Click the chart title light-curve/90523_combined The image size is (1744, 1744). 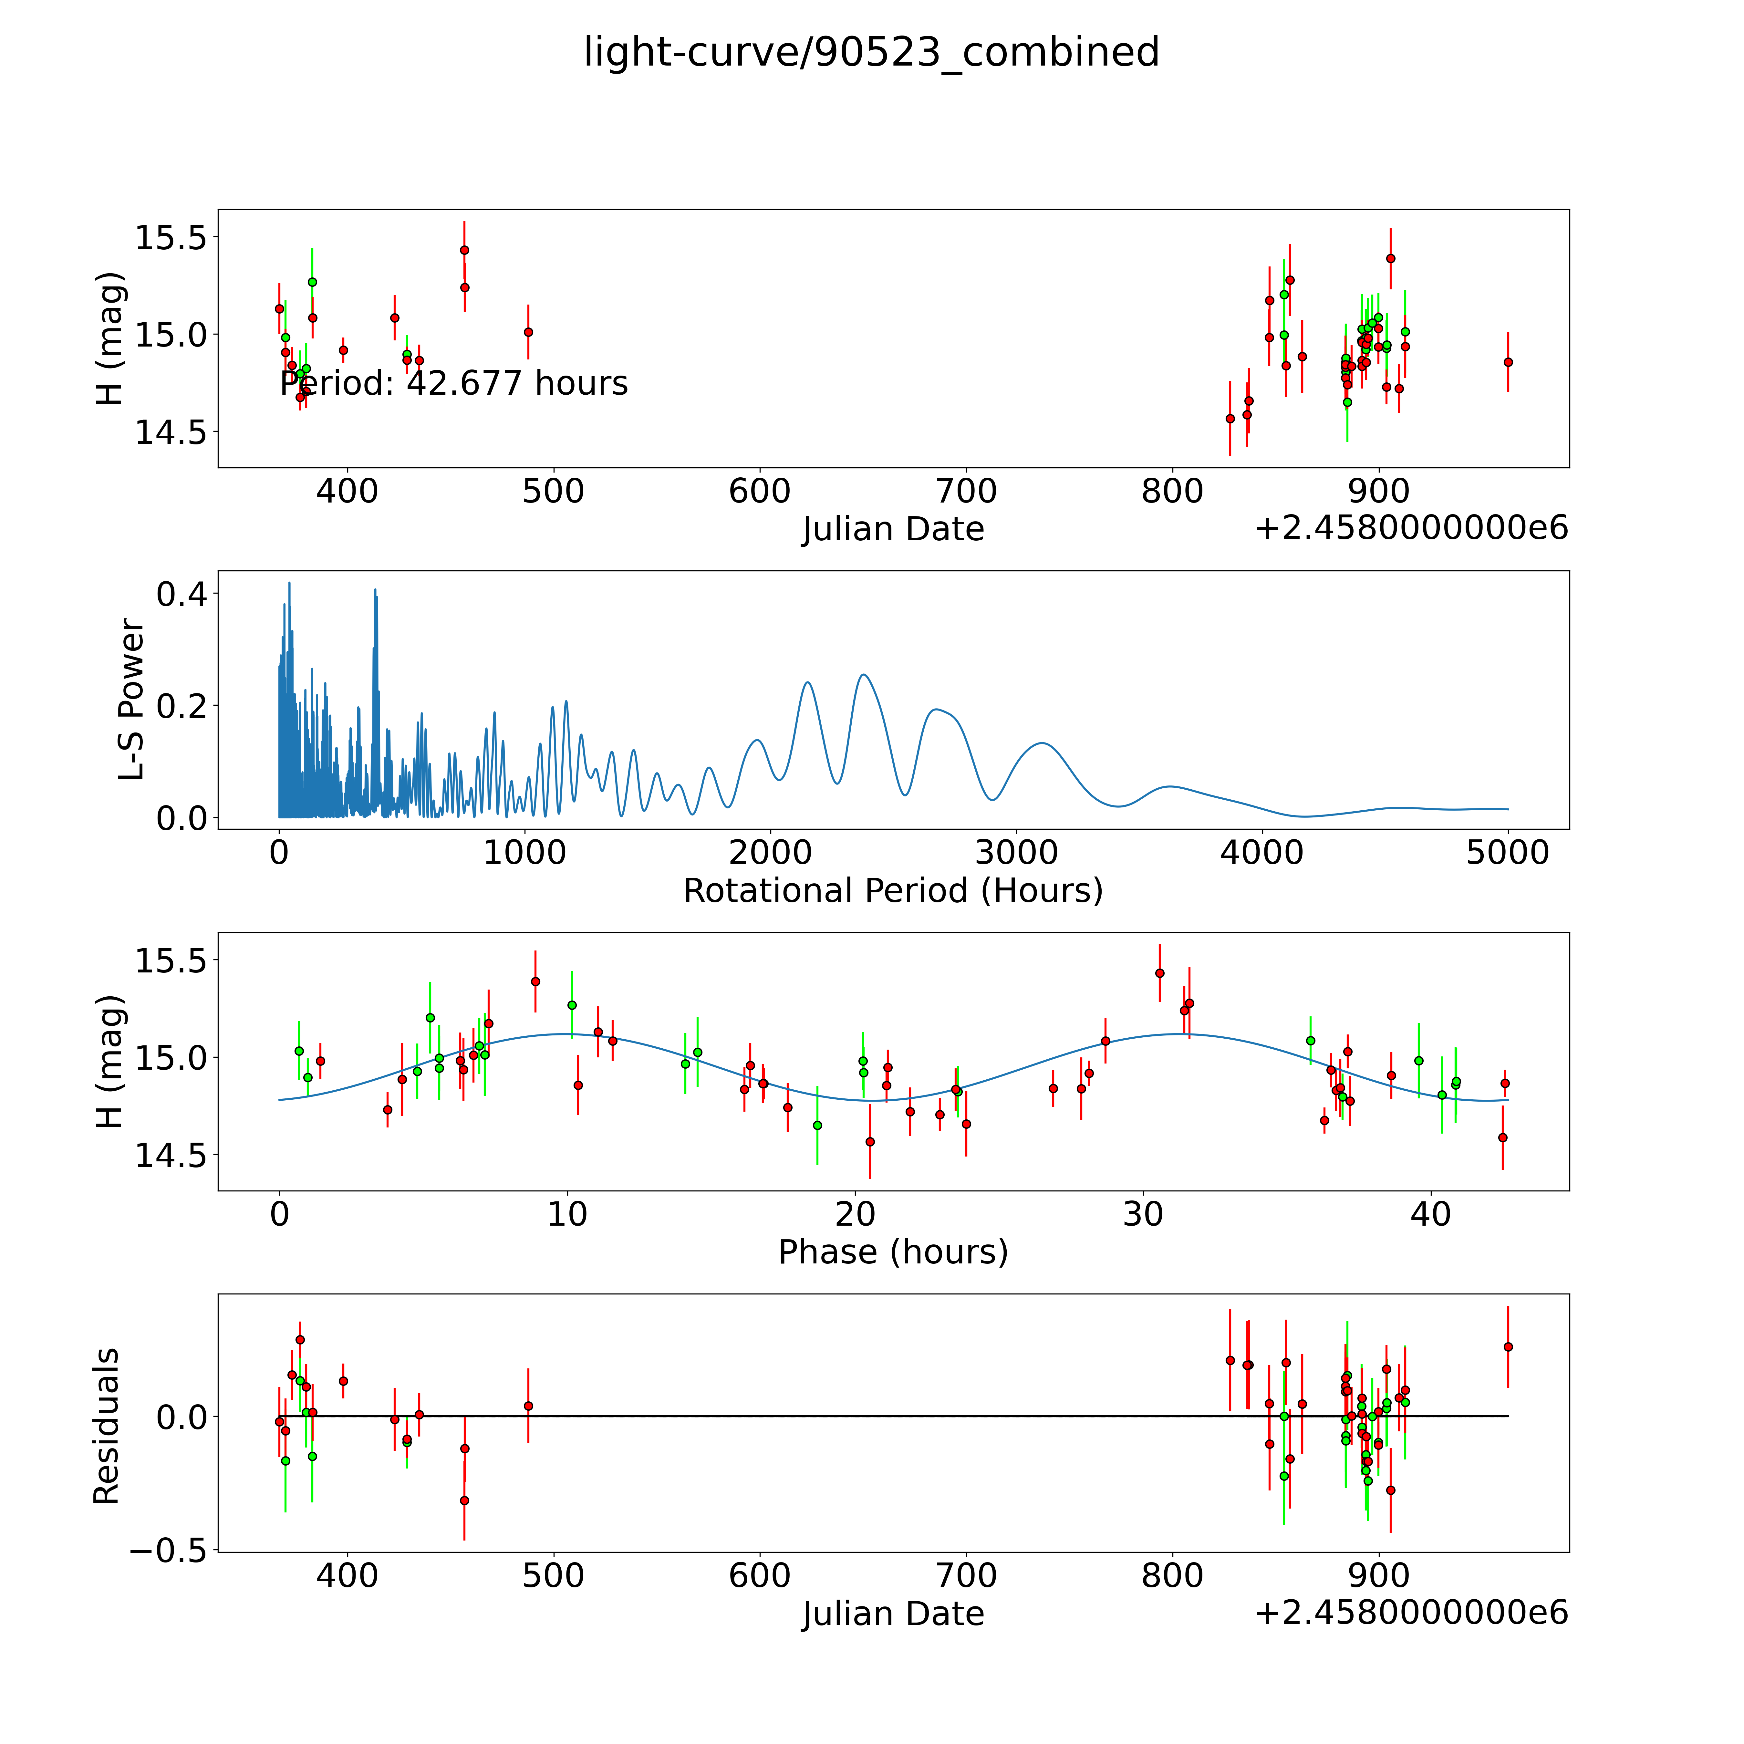[871, 52]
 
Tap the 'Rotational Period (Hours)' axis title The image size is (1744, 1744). [893, 891]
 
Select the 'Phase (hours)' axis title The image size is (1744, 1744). [893, 1252]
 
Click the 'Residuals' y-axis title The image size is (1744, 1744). [107, 1426]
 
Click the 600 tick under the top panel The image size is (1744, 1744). [760, 492]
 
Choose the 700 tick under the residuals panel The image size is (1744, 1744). [966, 1576]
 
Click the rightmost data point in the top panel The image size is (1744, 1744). [1508, 362]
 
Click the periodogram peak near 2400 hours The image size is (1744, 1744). [864, 674]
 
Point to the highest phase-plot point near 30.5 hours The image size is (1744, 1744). [1159, 973]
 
